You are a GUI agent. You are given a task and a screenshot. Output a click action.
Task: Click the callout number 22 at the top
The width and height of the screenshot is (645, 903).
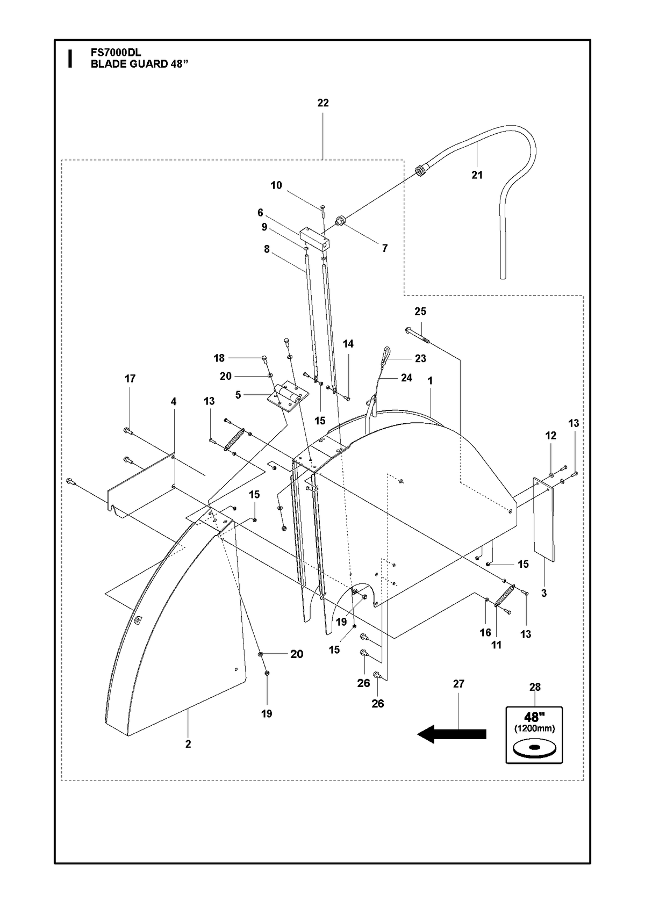pos(322,103)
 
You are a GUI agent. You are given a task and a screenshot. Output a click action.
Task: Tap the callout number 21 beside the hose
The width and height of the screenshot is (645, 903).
pos(477,175)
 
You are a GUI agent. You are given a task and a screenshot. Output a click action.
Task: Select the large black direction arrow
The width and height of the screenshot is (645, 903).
pos(451,734)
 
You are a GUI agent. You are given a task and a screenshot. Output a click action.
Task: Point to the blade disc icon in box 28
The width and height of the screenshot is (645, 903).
pos(534,748)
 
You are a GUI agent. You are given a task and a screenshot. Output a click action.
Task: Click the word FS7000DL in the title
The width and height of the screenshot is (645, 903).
pos(116,53)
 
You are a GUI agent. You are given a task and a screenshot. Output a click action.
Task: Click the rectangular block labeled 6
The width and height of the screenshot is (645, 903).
pos(314,238)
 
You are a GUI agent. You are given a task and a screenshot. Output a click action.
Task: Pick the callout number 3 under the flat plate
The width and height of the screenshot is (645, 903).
pos(544,594)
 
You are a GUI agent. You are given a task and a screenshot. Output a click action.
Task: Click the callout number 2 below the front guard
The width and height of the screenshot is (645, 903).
pos(188,744)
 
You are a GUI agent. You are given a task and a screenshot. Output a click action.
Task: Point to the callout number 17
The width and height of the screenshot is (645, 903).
pos(130,379)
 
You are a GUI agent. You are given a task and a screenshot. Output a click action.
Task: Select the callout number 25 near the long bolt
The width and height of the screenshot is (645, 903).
pos(420,311)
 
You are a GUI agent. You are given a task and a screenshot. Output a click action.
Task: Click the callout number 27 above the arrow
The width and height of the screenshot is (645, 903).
pos(458,684)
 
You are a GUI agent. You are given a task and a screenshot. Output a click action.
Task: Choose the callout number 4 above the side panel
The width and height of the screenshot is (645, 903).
pos(174,401)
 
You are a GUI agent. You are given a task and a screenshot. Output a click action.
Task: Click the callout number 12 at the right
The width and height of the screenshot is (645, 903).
pos(550,435)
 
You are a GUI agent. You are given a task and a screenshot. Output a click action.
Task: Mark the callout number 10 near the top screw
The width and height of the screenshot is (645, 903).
pos(276,185)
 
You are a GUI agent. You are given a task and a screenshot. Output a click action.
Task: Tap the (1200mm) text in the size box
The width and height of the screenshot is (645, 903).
pos(534,728)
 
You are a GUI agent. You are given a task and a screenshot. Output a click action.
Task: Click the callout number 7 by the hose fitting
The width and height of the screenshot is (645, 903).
pos(385,248)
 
